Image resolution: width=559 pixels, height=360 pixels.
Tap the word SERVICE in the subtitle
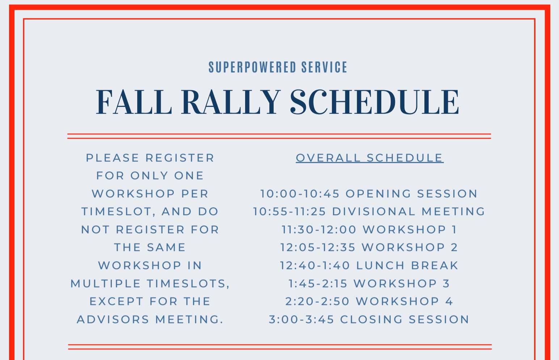pos(324,67)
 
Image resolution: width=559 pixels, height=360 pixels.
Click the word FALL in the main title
pos(134,102)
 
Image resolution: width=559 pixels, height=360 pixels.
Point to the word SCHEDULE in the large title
pos(374,102)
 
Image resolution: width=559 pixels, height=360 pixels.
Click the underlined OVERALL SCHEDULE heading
pos(370,158)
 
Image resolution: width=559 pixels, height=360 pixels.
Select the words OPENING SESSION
pos(411,194)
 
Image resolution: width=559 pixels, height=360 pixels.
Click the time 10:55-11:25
pos(290,212)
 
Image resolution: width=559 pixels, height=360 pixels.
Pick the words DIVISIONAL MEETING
pos(408,212)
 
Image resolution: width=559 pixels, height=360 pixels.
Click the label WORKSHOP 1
pos(409,230)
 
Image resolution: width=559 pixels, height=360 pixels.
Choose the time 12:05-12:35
pos(318,247)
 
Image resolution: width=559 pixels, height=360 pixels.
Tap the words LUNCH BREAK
pos(407,265)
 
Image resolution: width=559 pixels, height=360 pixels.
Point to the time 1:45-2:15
pos(318,284)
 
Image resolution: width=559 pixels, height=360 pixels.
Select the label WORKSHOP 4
pos(404,301)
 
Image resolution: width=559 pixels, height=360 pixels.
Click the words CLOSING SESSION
pos(404,319)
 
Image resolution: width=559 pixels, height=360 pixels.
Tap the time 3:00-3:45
pos(302,319)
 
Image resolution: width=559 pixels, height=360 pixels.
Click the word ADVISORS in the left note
pos(113,319)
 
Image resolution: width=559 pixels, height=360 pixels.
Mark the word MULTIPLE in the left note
pos(106,284)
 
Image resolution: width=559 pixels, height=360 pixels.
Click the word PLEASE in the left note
pos(113,158)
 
